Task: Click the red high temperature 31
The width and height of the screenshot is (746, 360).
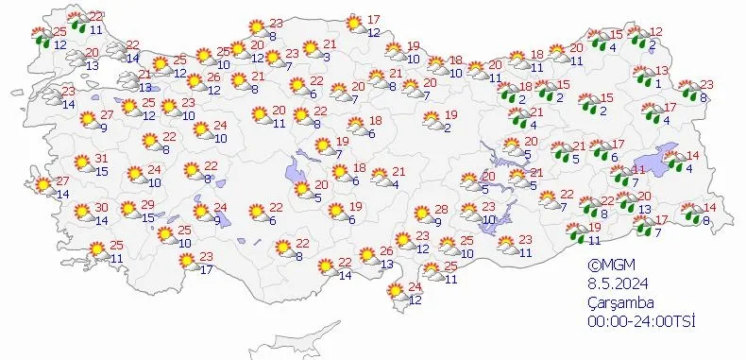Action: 101,158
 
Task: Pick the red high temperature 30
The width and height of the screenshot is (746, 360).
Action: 100,209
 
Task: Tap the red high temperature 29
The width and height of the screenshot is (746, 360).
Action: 147,206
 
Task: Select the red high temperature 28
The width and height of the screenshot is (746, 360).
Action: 440,210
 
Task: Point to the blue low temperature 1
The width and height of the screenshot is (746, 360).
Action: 658,83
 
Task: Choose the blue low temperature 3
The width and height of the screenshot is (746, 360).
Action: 325,58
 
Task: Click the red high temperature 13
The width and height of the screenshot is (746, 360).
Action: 662,71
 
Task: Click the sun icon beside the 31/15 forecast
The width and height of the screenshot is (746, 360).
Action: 83,163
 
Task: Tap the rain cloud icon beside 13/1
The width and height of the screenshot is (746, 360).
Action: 643,77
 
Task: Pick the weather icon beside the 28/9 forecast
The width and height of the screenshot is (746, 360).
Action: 420,216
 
